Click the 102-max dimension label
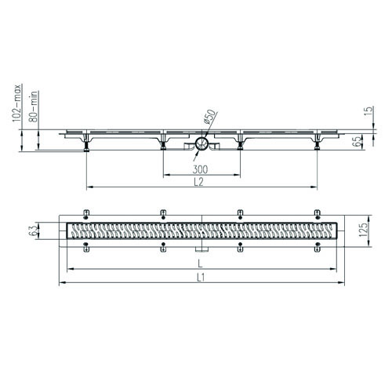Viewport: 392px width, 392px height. point(17,103)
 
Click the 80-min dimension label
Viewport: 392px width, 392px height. point(34,107)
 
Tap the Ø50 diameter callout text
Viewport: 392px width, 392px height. point(210,116)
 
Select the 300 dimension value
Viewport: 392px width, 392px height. point(200,169)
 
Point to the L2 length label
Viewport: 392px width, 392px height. point(199,182)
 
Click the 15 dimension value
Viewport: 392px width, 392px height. point(368,111)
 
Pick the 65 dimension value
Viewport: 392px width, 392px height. point(358,141)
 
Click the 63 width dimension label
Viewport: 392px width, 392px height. point(32,230)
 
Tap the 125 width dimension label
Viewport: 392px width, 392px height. point(363,230)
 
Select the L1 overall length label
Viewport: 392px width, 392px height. point(200,278)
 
